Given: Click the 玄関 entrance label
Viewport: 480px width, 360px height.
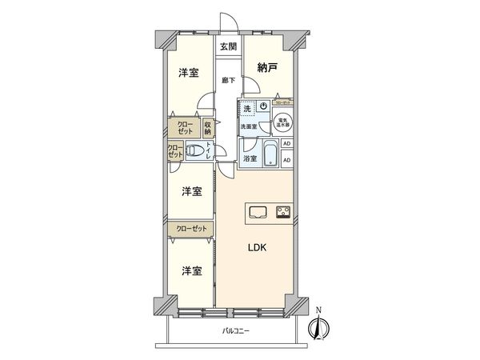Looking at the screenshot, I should click(228, 46).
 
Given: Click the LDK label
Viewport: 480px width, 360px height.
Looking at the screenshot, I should click(257, 247).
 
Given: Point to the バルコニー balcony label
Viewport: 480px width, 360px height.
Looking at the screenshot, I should click(236, 331).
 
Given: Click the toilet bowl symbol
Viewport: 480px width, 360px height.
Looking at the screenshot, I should click(195, 150).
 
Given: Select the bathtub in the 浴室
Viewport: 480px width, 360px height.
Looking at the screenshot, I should click(270, 151).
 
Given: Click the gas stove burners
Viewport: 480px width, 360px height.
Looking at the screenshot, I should click(282, 211).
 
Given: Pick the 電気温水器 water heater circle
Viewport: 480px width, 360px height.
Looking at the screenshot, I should click(282, 124).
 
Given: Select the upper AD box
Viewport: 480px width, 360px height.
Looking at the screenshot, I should click(287, 144).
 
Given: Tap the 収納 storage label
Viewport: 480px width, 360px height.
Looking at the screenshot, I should click(208, 127).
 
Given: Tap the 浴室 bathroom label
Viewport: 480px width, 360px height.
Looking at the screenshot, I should click(250, 158).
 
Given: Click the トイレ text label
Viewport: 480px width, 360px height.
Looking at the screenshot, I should click(210, 150).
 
